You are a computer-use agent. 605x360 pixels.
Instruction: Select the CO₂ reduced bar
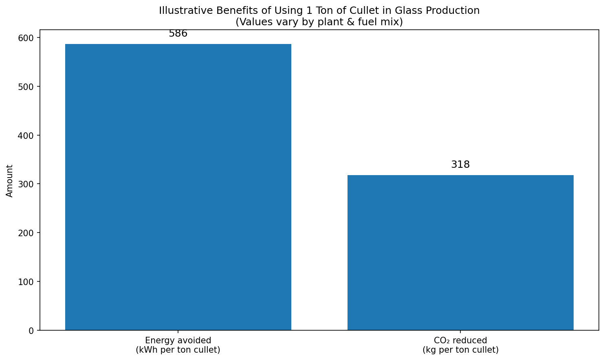pyautogui.click(x=460, y=252)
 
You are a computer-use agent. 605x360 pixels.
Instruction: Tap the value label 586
pyautogui.click(x=178, y=34)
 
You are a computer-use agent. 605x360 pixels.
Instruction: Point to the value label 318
pyautogui.click(x=460, y=165)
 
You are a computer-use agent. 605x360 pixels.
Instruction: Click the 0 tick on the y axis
pyautogui.click(x=31, y=331)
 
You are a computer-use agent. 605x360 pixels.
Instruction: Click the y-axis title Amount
pyautogui.click(x=10, y=181)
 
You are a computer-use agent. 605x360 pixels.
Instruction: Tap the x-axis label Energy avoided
pyautogui.click(x=178, y=340)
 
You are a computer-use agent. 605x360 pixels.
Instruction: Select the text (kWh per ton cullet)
pyautogui.click(x=178, y=350)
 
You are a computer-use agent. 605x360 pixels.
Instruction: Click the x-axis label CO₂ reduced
pyautogui.click(x=460, y=340)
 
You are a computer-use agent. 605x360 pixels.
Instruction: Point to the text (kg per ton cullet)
pyautogui.click(x=460, y=350)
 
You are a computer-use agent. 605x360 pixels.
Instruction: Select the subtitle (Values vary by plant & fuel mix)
pyautogui.click(x=319, y=22)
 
